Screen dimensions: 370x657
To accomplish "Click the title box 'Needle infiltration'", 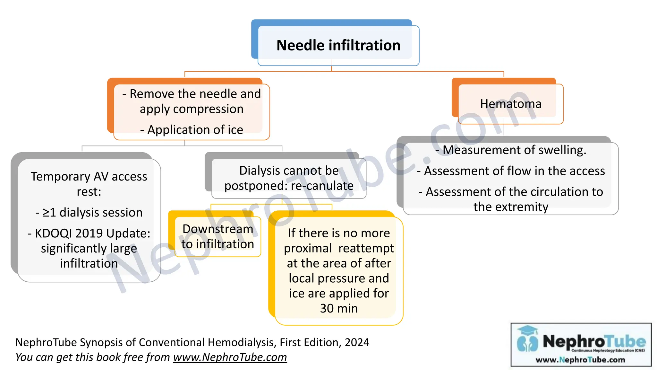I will pos(338,45).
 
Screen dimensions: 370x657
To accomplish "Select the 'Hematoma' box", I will pos(511,104).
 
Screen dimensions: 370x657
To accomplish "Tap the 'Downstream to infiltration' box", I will pos(218,237).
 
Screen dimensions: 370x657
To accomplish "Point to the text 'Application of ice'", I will pos(195,130).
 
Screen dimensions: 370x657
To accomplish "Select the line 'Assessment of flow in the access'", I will pos(514,171).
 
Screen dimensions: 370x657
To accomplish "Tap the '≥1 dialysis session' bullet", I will pos(92,213).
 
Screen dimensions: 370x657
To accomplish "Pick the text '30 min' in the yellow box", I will pos(339,308).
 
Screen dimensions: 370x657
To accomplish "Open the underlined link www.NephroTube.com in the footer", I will pos(230,357).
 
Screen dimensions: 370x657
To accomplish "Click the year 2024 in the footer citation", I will pos(357,342).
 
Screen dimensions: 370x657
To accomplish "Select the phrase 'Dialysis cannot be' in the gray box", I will pos(289,171).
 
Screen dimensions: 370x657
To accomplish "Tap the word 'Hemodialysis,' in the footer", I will pos(242,342).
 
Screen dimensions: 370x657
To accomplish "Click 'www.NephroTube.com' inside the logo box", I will pos(580,360).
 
